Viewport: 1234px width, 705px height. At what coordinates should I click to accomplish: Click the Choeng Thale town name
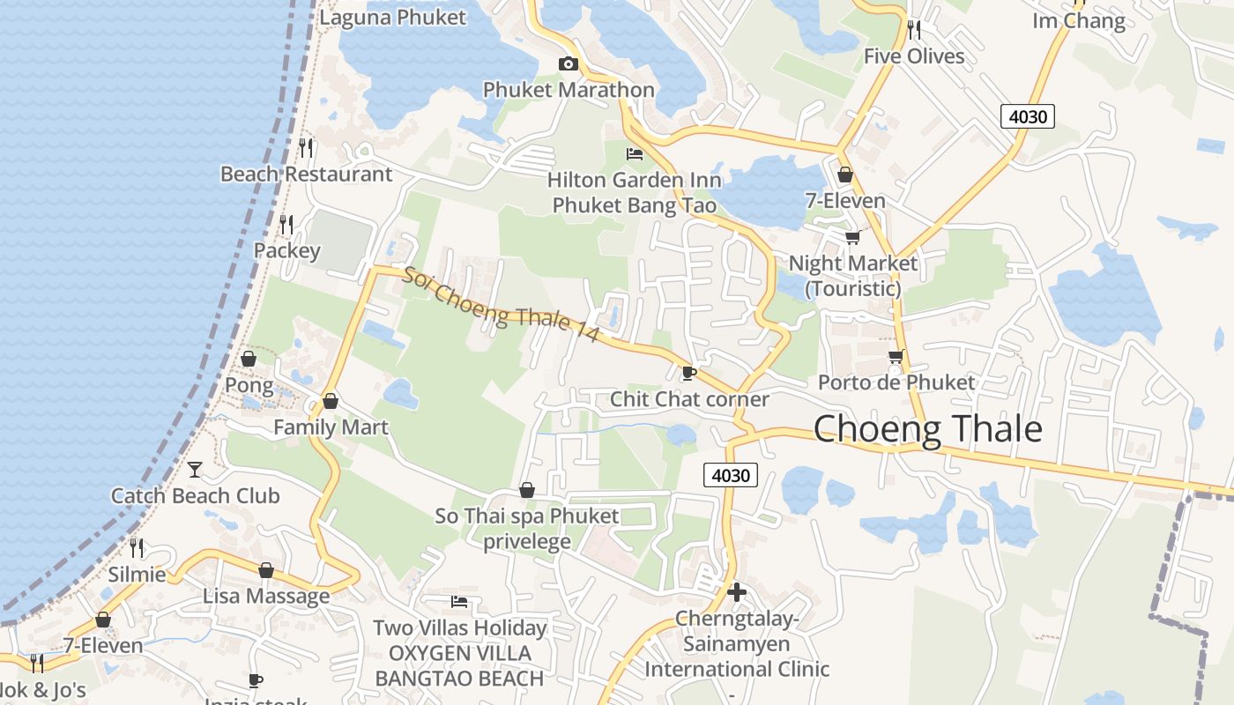tap(927, 429)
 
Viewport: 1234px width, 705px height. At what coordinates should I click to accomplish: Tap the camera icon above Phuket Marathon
tap(569, 63)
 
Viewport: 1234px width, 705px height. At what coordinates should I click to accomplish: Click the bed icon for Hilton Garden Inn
tap(634, 154)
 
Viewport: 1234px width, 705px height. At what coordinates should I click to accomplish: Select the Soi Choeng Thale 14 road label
tap(501, 305)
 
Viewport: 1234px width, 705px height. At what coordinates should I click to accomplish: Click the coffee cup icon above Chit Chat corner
tap(688, 373)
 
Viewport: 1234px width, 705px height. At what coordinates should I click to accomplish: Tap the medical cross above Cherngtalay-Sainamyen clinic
tap(737, 591)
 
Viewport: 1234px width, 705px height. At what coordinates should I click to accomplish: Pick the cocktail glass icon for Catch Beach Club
tap(195, 470)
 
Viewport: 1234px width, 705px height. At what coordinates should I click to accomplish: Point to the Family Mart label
tap(331, 427)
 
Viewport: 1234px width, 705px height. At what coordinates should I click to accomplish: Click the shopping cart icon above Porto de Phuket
tap(896, 356)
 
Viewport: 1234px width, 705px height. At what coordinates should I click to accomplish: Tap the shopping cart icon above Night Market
tap(852, 237)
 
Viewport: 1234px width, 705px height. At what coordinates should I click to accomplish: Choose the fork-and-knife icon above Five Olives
tap(914, 30)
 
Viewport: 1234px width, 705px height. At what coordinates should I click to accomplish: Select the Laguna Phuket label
tap(392, 17)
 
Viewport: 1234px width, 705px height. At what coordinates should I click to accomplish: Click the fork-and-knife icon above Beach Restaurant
tap(306, 147)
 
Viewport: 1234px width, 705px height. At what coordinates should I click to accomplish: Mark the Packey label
tap(287, 250)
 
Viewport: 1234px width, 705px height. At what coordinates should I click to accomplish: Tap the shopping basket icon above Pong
tap(249, 359)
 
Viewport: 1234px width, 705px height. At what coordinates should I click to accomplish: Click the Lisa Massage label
tap(266, 596)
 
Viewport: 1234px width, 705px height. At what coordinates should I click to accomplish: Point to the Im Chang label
tap(1079, 20)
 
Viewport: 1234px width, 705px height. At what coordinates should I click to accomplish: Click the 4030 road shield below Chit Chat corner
tap(731, 476)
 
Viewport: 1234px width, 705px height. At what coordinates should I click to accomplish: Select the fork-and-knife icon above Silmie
tap(137, 547)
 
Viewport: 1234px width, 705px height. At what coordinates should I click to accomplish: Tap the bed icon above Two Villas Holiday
tap(459, 602)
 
